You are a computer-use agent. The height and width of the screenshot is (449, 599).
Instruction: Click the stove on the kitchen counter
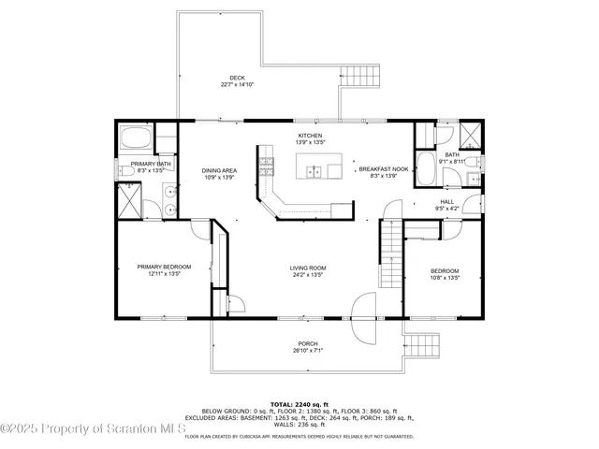(266, 167)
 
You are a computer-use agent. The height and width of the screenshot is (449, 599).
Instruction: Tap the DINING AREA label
(218, 170)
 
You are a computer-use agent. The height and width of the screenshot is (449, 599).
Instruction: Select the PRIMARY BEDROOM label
(164, 267)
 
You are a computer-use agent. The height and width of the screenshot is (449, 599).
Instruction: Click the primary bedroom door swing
(197, 230)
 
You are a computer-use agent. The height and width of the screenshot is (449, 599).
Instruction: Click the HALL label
(446, 201)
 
